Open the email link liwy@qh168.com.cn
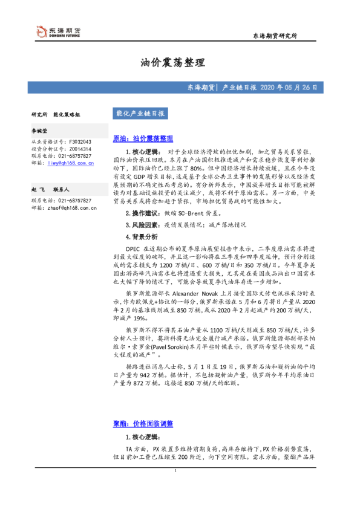71,163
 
